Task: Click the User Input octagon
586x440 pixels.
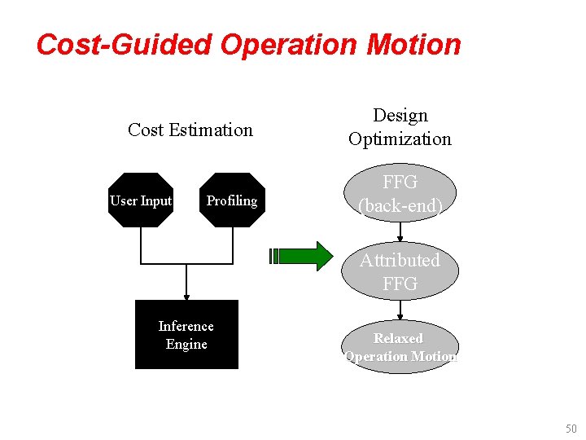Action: (141, 200)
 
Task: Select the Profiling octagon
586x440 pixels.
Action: (232, 200)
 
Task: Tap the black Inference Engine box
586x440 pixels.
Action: (186, 335)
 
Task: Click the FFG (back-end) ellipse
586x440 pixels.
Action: (400, 194)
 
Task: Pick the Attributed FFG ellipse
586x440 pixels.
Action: (400, 271)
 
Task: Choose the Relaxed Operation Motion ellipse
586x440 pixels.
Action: (400, 347)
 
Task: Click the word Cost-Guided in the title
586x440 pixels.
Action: (123, 44)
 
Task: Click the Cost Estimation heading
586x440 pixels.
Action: (190, 130)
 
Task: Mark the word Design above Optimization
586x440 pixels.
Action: (400, 116)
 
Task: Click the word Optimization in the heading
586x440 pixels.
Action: (400, 139)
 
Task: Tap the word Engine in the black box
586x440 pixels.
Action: (186, 344)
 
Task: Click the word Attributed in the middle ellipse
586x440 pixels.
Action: (400, 260)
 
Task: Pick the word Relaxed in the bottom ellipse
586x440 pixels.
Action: (398, 338)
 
